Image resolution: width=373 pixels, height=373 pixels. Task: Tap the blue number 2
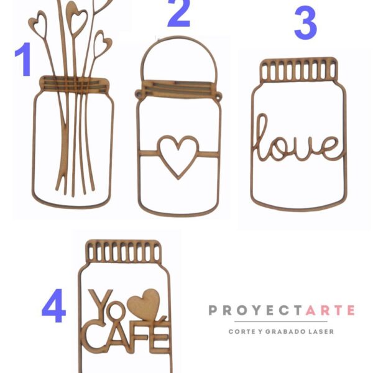(x=180, y=13)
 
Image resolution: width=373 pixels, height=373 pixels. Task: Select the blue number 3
(x=305, y=23)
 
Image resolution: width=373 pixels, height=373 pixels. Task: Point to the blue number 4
(x=53, y=306)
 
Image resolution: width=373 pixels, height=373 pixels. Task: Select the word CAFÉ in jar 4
(x=126, y=336)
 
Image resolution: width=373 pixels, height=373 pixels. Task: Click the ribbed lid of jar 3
(x=299, y=70)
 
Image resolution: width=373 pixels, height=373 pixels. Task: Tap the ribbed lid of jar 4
(x=124, y=251)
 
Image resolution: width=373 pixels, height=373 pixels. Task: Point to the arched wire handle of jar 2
(x=179, y=38)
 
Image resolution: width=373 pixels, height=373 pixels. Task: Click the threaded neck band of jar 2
(x=178, y=89)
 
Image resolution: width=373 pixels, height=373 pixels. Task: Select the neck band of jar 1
(x=75, y=84)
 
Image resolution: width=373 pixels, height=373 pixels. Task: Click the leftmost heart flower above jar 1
(x=38, y=24)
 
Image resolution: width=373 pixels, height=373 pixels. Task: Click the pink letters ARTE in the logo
(x=330, y=310)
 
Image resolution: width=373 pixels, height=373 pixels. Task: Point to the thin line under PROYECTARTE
(x=281, y=321)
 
